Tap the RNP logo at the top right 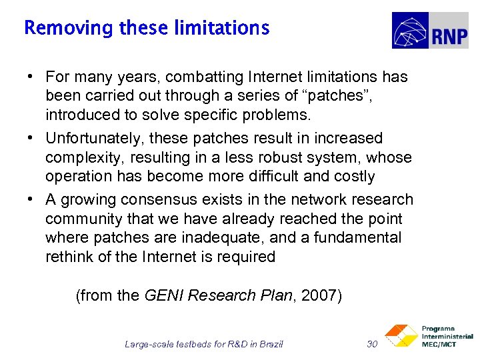429,31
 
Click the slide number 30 372,344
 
